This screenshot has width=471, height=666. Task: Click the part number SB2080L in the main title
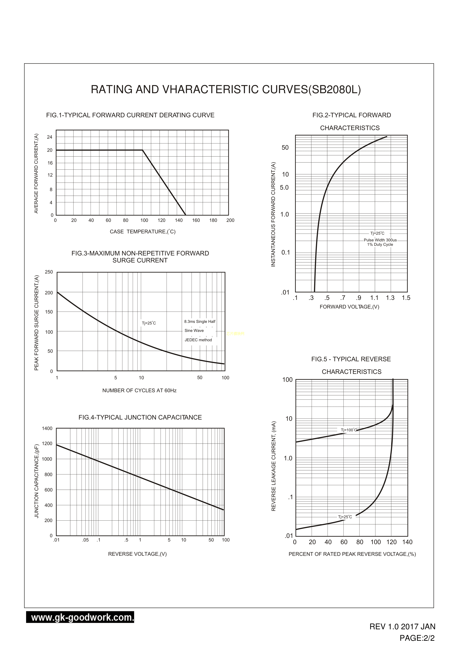coord(334,90)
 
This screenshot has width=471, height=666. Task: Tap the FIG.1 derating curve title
coord(130,115)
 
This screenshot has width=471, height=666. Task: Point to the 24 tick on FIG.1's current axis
coord(50,137)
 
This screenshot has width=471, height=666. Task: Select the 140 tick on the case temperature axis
coord(179,220)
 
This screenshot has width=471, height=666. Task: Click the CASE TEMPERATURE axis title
coord(142,232)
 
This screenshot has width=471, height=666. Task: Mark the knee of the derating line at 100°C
coord(142,150)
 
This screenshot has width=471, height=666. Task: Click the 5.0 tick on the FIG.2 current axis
coord(284,188)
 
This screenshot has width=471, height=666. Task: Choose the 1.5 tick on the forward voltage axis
coord(406,298)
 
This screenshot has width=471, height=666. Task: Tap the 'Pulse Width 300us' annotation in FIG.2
coord(380,240)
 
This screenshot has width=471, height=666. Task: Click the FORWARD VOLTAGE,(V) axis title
coord(349,307)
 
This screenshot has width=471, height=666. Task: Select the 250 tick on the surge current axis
coord(49,272)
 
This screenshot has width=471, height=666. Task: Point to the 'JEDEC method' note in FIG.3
coord(198,340)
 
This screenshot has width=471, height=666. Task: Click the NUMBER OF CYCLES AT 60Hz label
coord(139,390)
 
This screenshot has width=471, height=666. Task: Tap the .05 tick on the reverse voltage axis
coord(85,540)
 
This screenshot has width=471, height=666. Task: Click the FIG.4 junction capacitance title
coord(140,418)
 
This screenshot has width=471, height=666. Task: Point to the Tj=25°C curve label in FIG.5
coord(345,517)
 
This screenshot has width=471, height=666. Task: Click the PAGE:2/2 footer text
coord(417,638)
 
